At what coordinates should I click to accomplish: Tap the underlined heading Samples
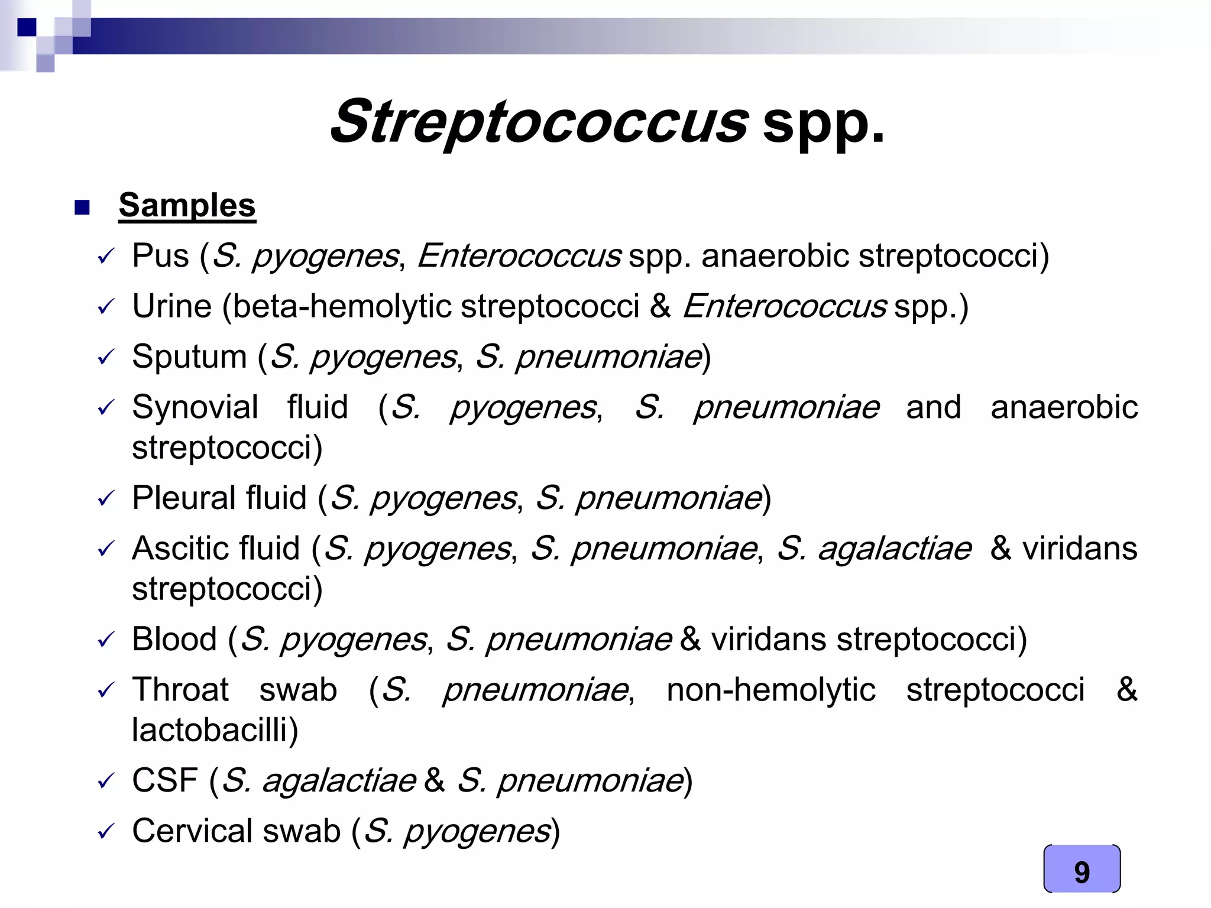click(x=187, y=205)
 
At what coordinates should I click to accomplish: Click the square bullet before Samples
click(x=82, y=207)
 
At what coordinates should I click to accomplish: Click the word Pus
click(x=160, y=256)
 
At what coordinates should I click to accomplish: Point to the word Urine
click(x=171, y=306)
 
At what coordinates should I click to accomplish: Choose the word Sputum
click(x=189, y=357)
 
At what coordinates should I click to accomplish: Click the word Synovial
click(x=195, y=407)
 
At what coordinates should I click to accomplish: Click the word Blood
click(x=174, y=639)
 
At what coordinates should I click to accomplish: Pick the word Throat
click(x=180, y=689)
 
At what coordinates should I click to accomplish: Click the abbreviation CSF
click(x=165, y=780)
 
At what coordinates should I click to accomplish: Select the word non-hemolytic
click(x=770, y=689)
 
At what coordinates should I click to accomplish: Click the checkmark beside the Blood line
click(x=105, y=640)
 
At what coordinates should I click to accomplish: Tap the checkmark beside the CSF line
click(x=105, y=781)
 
